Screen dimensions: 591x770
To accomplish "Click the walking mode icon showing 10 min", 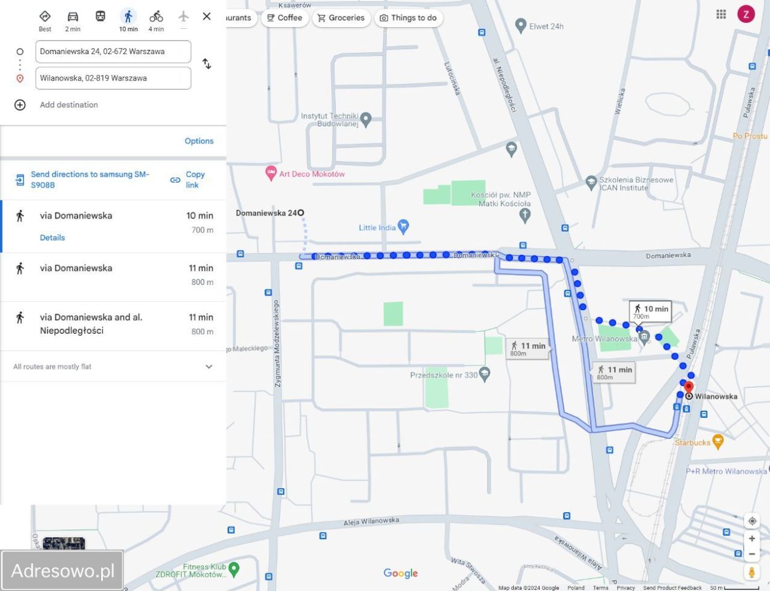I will (x=128, y=17).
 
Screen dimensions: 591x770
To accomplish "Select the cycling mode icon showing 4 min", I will (x=156, y=17).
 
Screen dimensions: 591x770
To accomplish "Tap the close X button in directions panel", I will (x=207, y=17).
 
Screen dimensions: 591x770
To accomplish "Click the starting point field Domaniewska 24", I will (x=113, y=52).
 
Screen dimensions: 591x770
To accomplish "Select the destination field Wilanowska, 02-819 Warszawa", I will (x=113, y=78).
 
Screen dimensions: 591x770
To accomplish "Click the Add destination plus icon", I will (x=20, y=105).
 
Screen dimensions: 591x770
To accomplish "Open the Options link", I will (x=199, y=141).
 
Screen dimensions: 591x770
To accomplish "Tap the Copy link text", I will (x=195, y=180).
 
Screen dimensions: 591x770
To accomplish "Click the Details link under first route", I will (x=52, y=238).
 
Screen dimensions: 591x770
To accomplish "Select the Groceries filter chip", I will (x=341, y=18).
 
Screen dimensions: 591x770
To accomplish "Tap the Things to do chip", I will (x=408, y=18).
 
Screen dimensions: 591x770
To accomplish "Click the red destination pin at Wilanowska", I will (x=689, y=388).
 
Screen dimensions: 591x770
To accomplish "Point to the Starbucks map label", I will (x=692, y=443).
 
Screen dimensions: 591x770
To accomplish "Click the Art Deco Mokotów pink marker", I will (x=271, y=173).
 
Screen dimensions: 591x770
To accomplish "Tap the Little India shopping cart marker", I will (x=403, y=227).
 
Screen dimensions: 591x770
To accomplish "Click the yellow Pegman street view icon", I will (x=752, y=572).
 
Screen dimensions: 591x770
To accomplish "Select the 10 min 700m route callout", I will (x=650, y=311).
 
